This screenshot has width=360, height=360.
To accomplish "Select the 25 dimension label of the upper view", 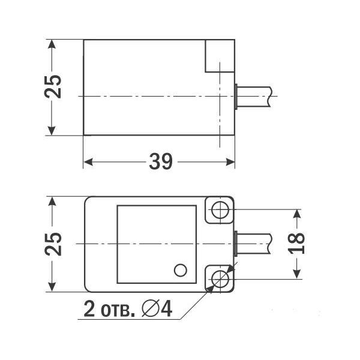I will (x=53, y=88).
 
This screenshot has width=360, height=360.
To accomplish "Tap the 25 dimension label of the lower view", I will (x=53, y=244).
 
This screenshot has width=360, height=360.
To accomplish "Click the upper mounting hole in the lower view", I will (x=220, y=209).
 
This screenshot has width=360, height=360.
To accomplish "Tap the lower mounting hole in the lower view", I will (x=220, y=278).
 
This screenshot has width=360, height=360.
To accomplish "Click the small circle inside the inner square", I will (x=179, y=270).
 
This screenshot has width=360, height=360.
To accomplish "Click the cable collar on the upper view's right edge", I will (x=237, y=97).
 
